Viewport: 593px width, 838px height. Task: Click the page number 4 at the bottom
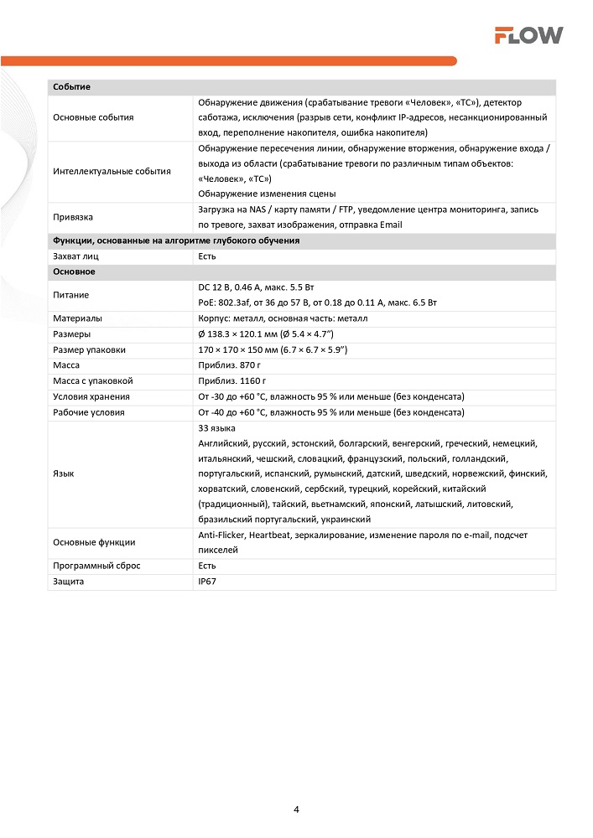(x=297, y=810)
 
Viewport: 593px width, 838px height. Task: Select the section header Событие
(x=71, y=87)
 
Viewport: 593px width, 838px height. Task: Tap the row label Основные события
(x=92, y=117)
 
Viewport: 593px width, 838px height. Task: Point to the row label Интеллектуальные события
(x=111, y=171)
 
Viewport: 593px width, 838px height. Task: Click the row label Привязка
(x=72, y=217)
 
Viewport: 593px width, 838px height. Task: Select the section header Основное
(x=74, y=272)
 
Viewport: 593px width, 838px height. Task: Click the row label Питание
(x=70, y=295)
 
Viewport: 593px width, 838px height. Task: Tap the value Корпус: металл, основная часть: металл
(x=283, y=318)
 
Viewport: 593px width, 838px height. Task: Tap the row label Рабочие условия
(x=88, y=412)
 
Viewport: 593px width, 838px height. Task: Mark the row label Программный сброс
(x=96, y=566)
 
